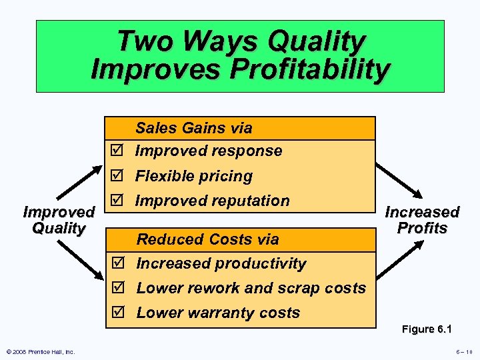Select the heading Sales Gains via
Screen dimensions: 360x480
coord(194,127)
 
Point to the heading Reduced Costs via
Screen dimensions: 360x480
coord(207,239)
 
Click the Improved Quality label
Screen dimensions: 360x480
coord(59,220)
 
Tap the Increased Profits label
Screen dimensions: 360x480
coord(422,220)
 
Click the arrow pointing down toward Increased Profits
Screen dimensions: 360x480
coord(399,180)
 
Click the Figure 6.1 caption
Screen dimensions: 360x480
coord(427,329)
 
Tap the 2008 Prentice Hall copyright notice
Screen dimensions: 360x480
coord(40,352)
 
